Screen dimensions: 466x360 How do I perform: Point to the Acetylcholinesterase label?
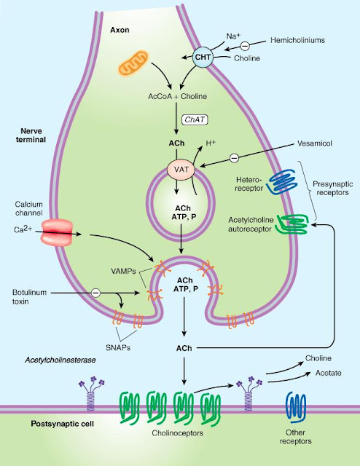[x=57, y=360]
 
